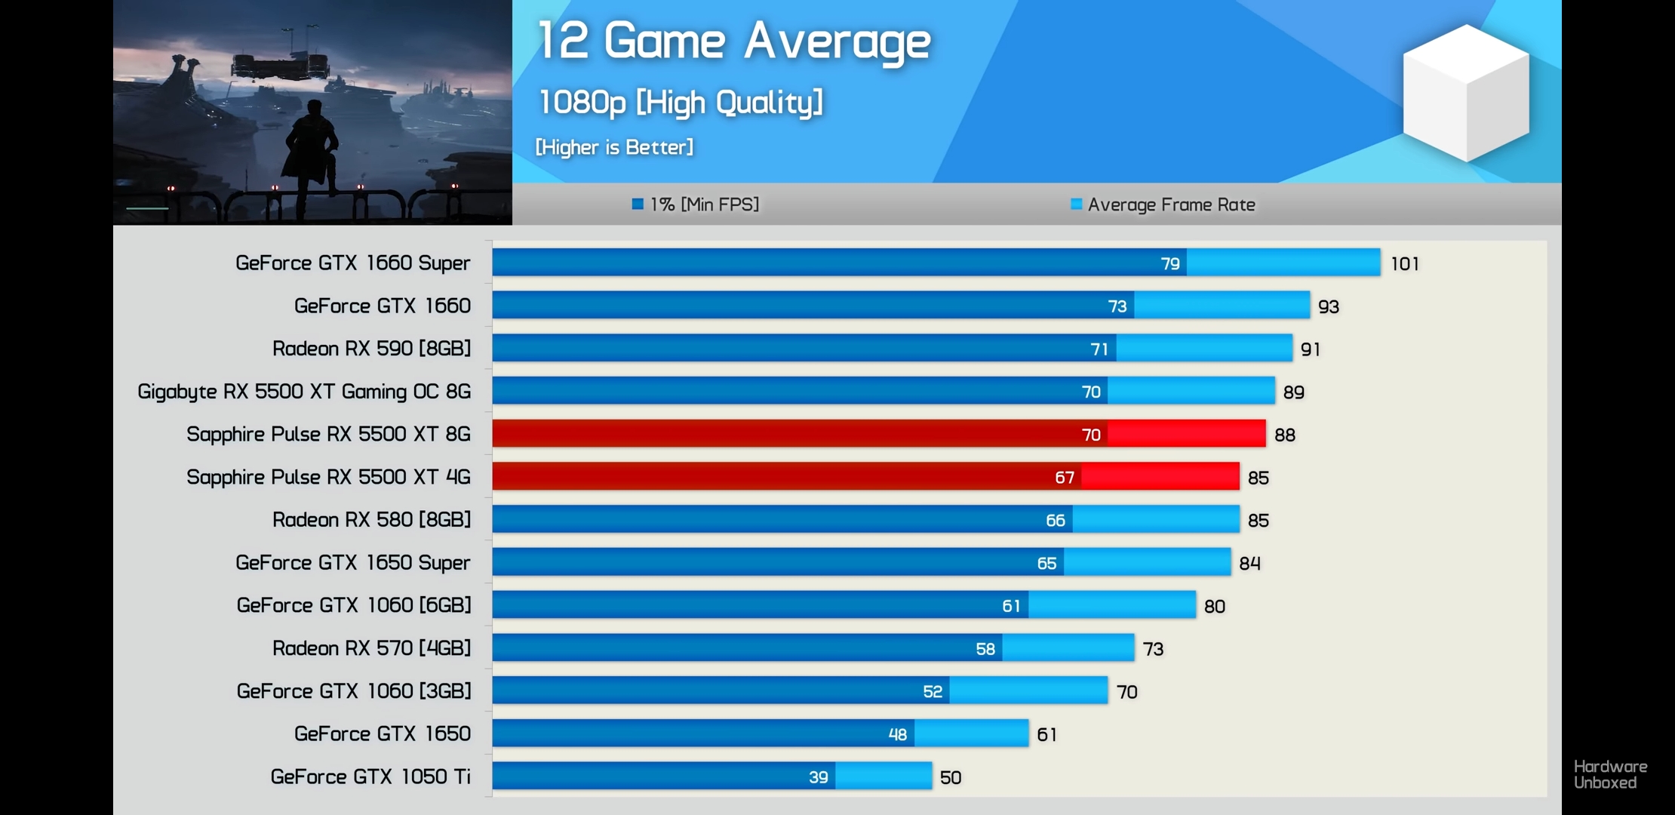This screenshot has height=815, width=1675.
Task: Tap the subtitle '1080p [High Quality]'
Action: pyautogui.click(x=680, y=103)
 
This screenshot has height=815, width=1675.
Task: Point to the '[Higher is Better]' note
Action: pyautogui.click(x=613, y=147)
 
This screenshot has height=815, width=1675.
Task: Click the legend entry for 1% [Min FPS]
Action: pyautogui.click(x=695, y=205)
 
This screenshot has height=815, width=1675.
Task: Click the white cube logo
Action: pyautogui.click(x=1465, y=93)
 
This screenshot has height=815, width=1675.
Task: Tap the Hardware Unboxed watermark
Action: pyautogui.click(x=1610, y=774)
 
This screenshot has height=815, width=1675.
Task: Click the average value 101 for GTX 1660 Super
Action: pyautogui.click(x=1405, y=263)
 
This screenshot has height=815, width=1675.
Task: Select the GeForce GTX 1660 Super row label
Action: pyautogui.click(x=352, y=263)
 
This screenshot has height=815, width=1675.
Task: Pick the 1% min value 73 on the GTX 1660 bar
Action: pyautogui.click(x=1117, y=306)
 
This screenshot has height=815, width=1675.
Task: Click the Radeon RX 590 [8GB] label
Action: pyautogui.click(x=371, y=349)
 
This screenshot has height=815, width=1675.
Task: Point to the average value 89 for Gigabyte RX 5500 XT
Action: pyautogui.click(x=1293, y=392)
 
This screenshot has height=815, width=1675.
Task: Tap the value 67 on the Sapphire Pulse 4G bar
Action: pyautogui.click(x=1064, y=477)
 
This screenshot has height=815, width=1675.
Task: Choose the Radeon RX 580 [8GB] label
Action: pyautogui.click(x=371, y=520)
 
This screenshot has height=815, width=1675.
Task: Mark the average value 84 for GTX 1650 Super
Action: pyautogui.click(x=1249, y=563)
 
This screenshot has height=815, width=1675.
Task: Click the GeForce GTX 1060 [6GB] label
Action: pyautogui.click(x=353, y=605)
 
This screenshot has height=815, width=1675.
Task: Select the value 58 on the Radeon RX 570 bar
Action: pyautogui.click(x=985, y=648)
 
